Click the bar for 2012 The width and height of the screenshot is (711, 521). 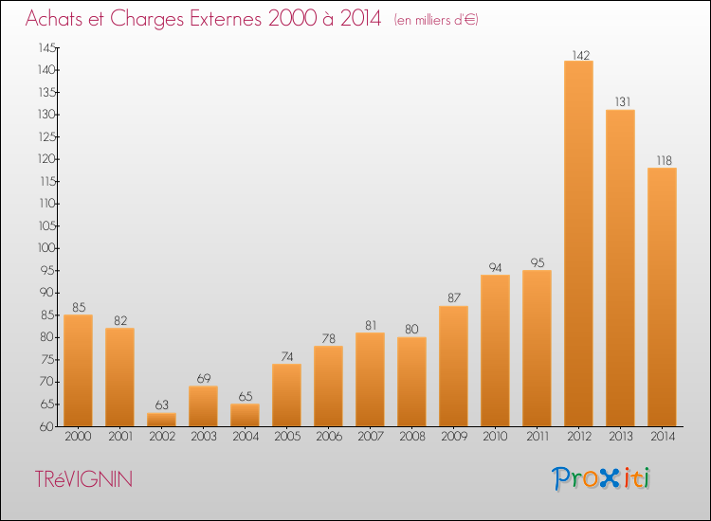coord(578,243)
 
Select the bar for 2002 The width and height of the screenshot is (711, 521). coord(161,420)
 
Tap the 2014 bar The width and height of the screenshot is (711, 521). coord(662,297)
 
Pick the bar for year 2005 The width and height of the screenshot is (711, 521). coord(286,395)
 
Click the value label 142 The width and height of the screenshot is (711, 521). coord(581,55)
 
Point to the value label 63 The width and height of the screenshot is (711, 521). coord(162,404)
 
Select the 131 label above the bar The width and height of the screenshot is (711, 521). coord(623,102)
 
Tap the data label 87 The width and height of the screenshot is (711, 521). coord(454,297)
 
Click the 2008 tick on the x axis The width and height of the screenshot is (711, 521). coord(412,437)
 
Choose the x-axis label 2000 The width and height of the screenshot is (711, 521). coord(78,437)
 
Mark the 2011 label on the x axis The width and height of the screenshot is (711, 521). coord(538,437)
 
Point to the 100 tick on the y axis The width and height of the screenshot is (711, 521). coord(46,248)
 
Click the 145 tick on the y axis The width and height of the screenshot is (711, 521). coord(47,47)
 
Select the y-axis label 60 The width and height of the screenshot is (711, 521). coord(46,426)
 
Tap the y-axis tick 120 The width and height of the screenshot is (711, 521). coord(47,159)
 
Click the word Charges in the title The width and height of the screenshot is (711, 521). coord(147,20)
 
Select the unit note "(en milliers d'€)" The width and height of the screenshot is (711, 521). coord(436,20)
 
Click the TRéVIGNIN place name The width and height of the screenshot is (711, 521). coord(83,479)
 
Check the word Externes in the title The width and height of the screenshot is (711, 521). coord(226,19)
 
